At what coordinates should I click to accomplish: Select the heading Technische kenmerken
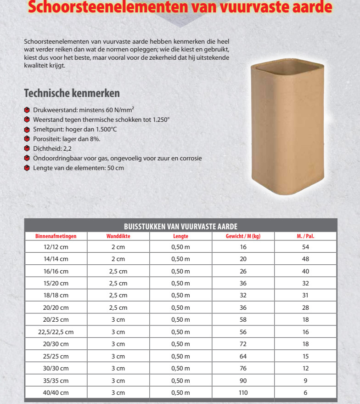72,93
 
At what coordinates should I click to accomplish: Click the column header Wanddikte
118,236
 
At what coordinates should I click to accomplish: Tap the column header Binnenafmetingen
56,236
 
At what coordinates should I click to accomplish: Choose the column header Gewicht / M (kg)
243,236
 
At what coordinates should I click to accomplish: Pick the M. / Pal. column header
305,236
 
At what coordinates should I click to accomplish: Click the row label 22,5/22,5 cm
56,332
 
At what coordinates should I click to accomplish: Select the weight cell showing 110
243,393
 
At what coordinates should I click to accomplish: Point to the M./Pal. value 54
305,247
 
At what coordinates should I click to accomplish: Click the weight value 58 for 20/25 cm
243,319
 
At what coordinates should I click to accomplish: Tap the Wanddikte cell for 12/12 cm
118,247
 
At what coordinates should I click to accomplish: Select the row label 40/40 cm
56,393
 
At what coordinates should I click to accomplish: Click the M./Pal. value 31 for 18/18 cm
305,295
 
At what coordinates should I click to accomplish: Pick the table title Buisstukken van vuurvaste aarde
180,226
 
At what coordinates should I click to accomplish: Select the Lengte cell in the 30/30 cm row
180,368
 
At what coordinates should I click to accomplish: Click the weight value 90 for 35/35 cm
243,381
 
